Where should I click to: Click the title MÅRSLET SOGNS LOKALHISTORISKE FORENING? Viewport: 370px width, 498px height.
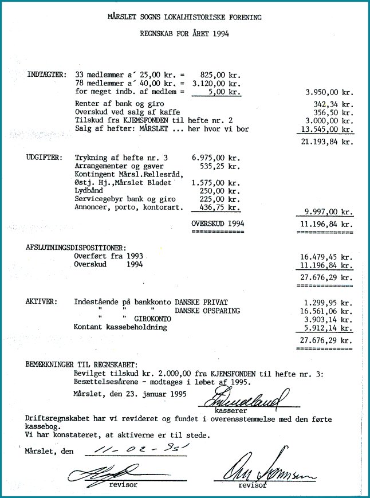coord(184,18)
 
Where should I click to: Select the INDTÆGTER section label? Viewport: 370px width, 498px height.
coord(46,75)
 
